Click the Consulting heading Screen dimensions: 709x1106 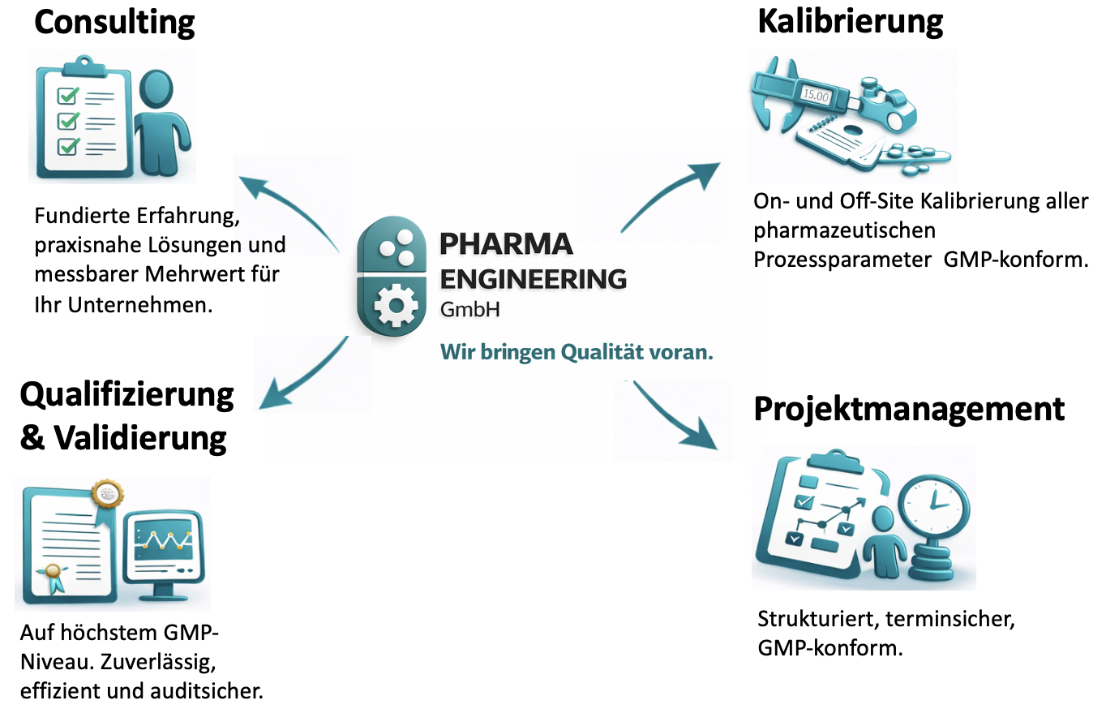point(114,22)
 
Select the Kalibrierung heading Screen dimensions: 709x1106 point(850,22)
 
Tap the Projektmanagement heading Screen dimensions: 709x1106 point(909,409)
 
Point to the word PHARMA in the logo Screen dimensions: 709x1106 point(506,243)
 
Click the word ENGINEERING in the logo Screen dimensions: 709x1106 point(533,278)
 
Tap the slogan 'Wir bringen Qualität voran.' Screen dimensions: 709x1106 point(577,352)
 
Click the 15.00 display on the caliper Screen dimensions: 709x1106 point(816,93)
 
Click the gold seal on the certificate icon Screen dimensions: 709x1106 point(107,492)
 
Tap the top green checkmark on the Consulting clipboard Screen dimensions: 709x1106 point(67,97)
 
